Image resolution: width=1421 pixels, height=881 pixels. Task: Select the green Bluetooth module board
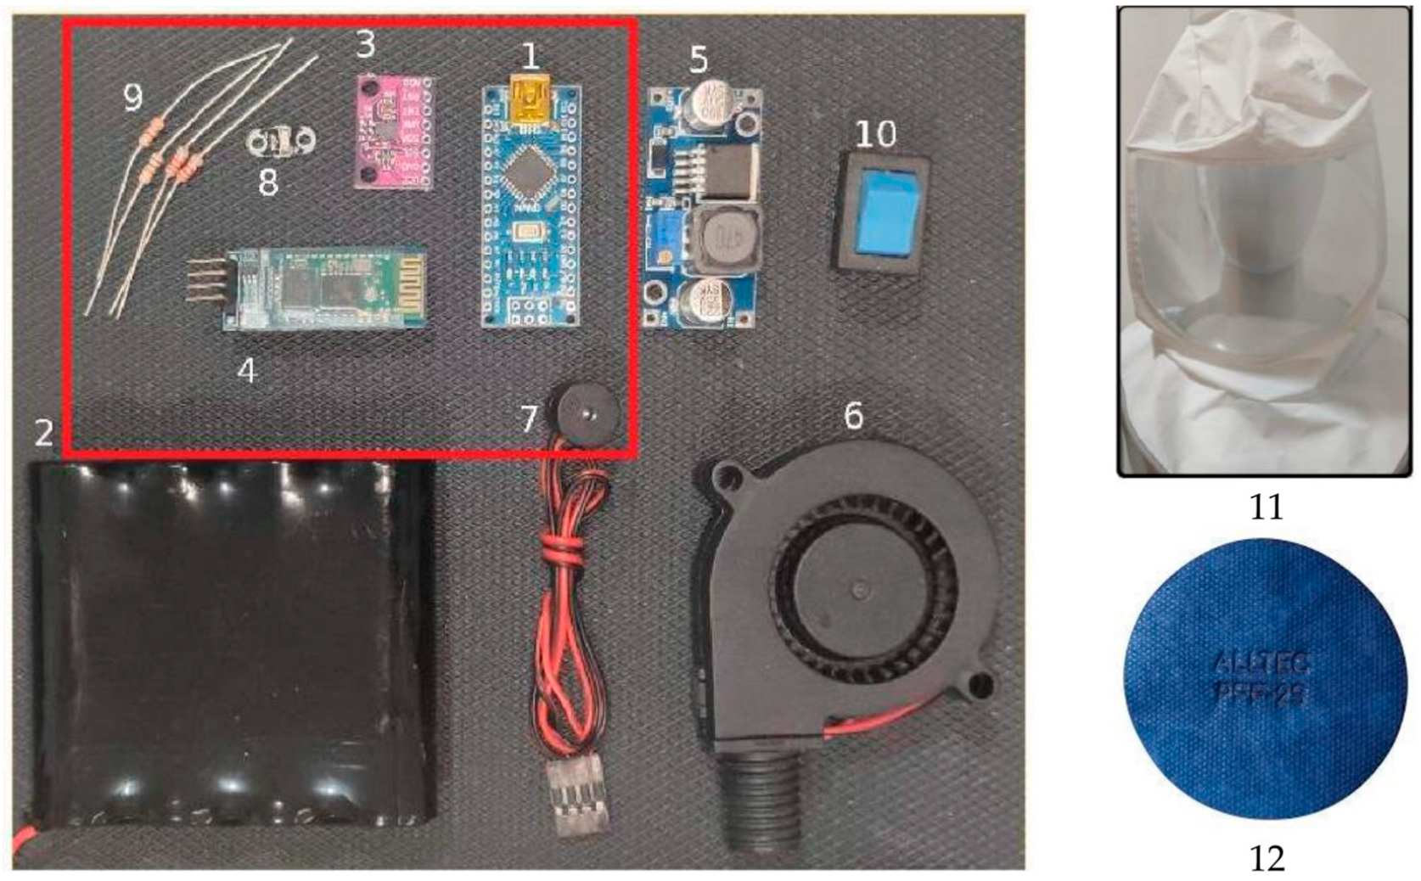(x=327, y=289)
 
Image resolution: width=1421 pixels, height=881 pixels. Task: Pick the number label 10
(x=875, y=133)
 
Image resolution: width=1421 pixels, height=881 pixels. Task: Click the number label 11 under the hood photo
(x=1265, y=507)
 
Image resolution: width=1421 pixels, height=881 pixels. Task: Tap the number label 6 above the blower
(x=853, y=415)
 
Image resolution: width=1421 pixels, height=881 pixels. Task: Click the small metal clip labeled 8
(x=280, y=143)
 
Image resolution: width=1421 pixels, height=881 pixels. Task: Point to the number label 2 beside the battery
(x=44, y=433)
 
